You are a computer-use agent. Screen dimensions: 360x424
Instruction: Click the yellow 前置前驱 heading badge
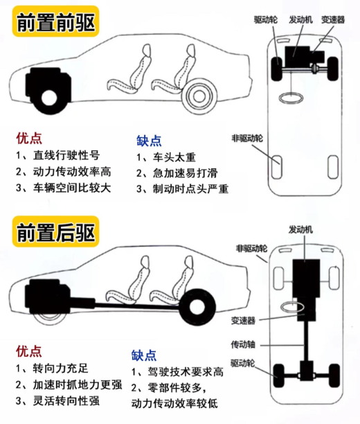tap(55, 21)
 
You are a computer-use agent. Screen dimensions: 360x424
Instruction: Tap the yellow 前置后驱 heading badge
tap(55, 231)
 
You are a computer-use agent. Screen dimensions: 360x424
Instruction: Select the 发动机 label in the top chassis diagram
tap(300, 19)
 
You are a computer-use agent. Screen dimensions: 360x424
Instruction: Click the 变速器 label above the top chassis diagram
tap(333, 19)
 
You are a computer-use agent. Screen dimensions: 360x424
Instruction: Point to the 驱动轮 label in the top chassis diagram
tap(266, 19)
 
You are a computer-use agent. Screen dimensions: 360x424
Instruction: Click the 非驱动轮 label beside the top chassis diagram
tap(247, 138)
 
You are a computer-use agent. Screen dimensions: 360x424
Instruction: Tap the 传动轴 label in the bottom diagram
tap(243, 344)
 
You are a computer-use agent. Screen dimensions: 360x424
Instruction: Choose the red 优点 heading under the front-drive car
tap(29, 138)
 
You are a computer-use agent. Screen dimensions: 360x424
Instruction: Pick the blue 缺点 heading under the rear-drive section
tap(144, 355)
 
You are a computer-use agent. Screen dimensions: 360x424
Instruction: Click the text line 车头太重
tap(165, 157)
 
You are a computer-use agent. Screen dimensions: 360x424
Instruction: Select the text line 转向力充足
tap(52, 368)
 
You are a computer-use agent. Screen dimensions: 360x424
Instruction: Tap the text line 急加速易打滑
tap(177, 173)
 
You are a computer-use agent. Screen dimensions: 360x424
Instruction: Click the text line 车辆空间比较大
tap(63, 188)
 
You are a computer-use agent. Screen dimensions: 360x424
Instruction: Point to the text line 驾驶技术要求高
tap(177, 372)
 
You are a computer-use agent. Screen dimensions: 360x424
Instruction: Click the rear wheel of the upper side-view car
tap(199, 96)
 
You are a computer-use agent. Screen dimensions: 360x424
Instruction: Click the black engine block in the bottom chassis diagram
tap(306, 278)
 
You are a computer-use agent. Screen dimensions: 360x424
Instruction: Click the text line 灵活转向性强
tap(57, 400)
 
